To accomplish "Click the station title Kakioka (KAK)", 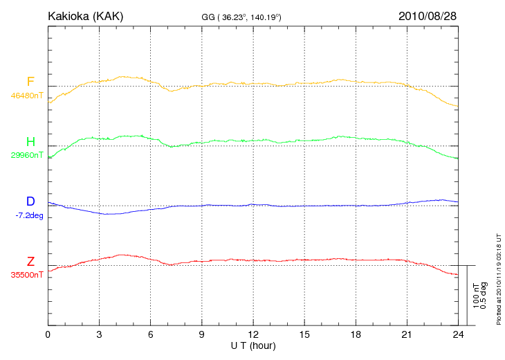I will coord(85,16).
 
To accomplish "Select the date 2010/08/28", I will coord(428,16).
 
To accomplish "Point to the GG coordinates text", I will coord(241,17).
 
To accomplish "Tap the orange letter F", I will coord(30,82).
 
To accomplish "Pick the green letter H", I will coord(30,142).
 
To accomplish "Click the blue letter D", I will coord(30,201).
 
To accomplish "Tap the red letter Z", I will coord(30,262).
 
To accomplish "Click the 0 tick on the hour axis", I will coord(48,335).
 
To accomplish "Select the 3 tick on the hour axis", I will coord(100,335).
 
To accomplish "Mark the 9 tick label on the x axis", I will coord(202,335).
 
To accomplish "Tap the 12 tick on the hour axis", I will coord(253,335).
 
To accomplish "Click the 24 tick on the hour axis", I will coord(458,335).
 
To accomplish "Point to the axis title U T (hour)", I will coord(253,345).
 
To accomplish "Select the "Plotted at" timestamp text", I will coord(499,278).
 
